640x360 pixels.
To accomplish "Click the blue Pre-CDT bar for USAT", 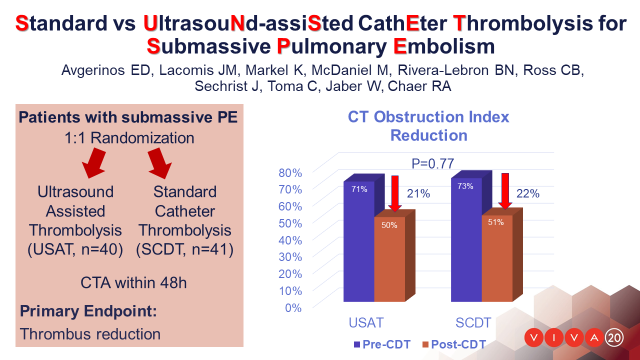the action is [x=359, y=241].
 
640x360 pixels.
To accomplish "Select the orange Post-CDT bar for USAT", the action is [x=389, y=259].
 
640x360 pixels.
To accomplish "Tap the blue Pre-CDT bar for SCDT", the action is [x=466, y=239].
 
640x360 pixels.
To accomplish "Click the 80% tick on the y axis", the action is [x=290, y=173].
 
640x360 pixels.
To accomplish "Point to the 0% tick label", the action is [x=293, y=308].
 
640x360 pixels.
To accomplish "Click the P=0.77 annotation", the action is [x=432, y=163].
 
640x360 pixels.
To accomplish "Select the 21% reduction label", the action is [x=418, y=193].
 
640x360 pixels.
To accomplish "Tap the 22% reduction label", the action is [x=527, y=193].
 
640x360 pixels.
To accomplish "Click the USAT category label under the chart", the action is [x=366, y=323].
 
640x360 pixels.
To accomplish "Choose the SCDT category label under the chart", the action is [x=473, y=323].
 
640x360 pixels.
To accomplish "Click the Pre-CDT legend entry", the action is [x=382, y=344].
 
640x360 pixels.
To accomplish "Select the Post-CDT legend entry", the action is [x=454, y=344].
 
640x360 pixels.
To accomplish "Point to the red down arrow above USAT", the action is [x=395, y=193].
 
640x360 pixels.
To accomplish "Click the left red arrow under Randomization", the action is [x=94, y=163].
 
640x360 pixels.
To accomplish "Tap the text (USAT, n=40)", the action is [x=75, y=249].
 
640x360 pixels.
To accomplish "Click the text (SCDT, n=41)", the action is [x=184, y=249].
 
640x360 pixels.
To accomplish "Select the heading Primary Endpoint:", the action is [x=88, y=311].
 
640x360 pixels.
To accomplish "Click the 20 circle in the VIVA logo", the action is [x=614, y=338].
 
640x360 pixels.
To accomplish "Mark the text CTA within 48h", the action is [x=133, y=283].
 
